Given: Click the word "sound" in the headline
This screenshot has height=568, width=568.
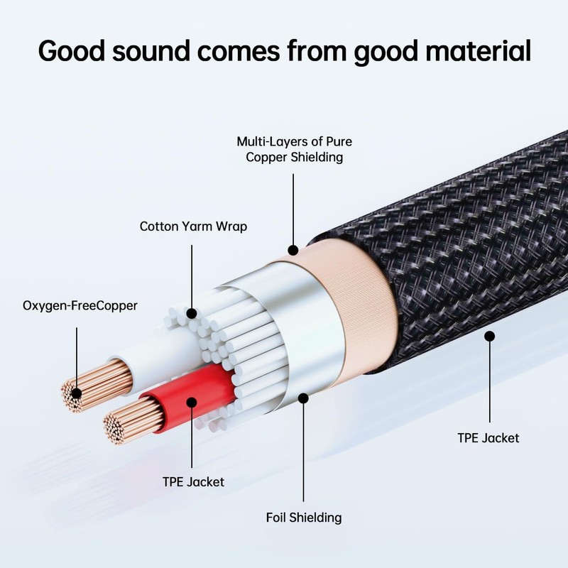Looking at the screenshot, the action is pyautogui.click(x=151, y=50).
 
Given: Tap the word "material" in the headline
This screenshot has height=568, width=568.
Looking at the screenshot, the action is pyautogui.click(x=478, y=50).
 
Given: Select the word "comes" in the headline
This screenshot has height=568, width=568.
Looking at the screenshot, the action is pyautogui.click(x=239, y=51).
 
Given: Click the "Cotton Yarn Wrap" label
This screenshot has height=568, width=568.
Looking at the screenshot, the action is pyautogui.click(x=193, y=226).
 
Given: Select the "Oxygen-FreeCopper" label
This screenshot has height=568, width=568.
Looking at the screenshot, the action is pyautogui.click(x=80, y=306).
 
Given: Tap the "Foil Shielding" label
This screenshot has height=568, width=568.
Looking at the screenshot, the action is pyautogui.click(x=304, y=518).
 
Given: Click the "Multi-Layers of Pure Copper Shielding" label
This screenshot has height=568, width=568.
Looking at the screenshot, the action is pyautogui.click(x=294, y=149).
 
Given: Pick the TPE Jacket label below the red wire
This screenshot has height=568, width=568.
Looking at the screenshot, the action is pyautogui.click(x=193, y=482).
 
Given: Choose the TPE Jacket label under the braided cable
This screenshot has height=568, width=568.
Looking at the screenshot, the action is pyautogui.click(x=488, y=438).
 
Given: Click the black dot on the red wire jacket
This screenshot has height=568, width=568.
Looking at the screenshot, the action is pyautogui.click(x=192, y=403).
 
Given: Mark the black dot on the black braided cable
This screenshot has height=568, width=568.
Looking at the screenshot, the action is pyautogui.click(x=489, y=336).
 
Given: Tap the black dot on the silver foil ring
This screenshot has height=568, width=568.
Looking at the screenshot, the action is pyautogui.click(x=303, y=398).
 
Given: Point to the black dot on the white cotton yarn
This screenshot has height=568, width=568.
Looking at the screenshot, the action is pyautogui.click(x=192, y=313).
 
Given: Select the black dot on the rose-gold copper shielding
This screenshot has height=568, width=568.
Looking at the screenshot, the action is pyautogui.click(x=293, y=250).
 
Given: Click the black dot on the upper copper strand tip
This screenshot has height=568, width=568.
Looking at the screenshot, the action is pyautogui.click(x=77, y=393).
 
